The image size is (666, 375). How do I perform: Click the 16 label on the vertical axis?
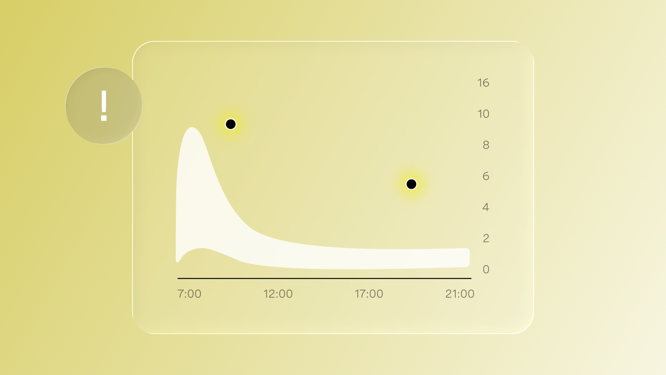(x=483, y=83)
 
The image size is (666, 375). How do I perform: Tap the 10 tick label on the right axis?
(x=483, y=114)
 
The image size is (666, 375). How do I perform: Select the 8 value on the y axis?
(x=486, y=145)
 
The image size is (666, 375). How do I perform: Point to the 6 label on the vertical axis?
(x=486, y=176)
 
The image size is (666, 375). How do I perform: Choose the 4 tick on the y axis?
(x=486, y=207)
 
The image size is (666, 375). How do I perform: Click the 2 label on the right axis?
(x=486, y=239)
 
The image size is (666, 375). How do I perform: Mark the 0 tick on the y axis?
(x=486, y=269)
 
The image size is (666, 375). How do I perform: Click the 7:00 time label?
(x=189, y=294)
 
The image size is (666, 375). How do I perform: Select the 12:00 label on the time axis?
(x=278, y=294)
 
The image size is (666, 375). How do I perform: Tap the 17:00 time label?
(x=369, y=294)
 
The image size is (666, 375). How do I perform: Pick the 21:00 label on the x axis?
(x=460, y=294)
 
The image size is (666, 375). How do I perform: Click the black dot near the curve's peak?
(x=231, y=124)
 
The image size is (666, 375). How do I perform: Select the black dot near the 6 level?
(x=411, y=184)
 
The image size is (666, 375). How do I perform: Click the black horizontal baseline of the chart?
(x=324, y=278)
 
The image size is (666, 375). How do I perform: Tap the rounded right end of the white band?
(x=468, y=258)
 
